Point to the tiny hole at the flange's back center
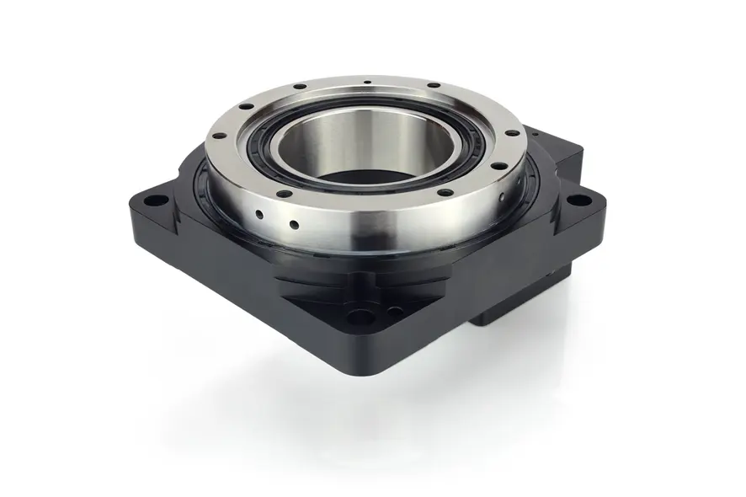[368, 83]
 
